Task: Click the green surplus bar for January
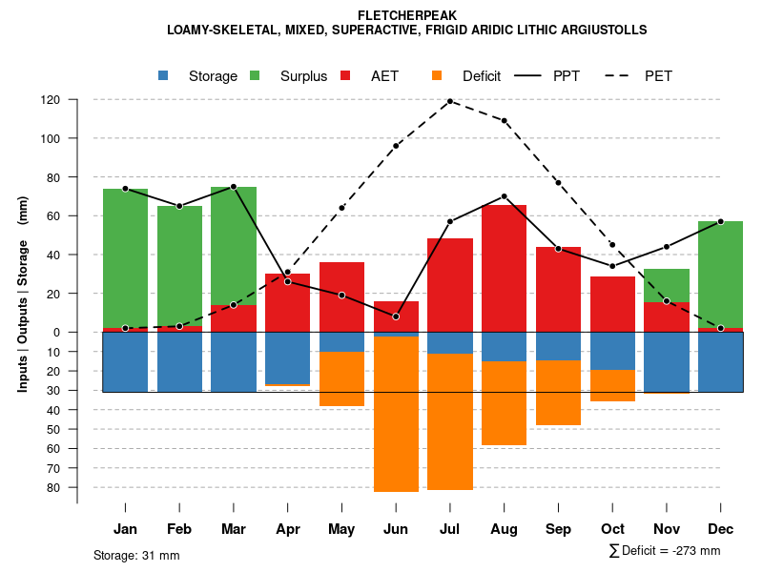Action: click(x=125, y=257)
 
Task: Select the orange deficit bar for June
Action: click(x=396, y=414)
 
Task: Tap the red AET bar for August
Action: click(x=504, y=268)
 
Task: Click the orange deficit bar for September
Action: click(x=558, y=393)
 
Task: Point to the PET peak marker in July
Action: click(x=450, y=101)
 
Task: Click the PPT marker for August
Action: click(x=504, y=196)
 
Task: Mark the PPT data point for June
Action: click(x=396, y=317)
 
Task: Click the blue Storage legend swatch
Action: click(x=164, y=75)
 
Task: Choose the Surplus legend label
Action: click(x=303, y=76)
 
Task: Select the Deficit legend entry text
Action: click(x=482, y=76)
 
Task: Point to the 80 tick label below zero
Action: click(x=54, y=487)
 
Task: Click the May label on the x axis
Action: click(x=341, y=529)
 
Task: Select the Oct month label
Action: click(x=612, y=529)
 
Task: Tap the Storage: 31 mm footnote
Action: click(x=136, y=555)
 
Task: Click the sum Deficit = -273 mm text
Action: click(x=665, y=551)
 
